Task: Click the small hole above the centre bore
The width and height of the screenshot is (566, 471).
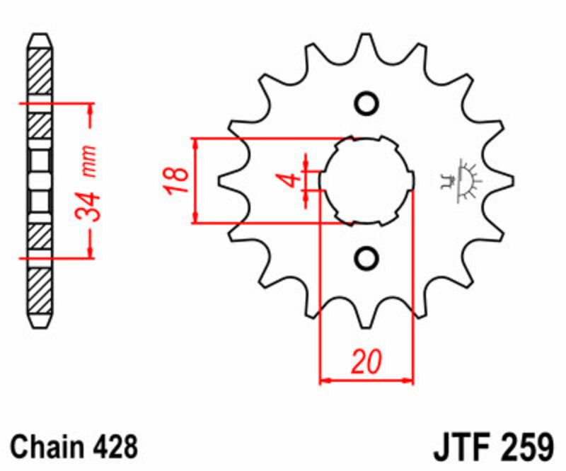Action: point(366,103)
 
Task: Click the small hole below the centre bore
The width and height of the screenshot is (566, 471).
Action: point(366,257)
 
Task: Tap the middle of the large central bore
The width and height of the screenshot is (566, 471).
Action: point(366,180)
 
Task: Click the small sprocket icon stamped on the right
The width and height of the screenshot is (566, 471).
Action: point(460,181)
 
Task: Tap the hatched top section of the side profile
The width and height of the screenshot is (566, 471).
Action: point(40,71)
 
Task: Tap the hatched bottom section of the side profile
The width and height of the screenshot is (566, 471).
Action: point(40,290)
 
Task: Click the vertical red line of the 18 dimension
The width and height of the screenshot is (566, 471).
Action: point(195,180)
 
